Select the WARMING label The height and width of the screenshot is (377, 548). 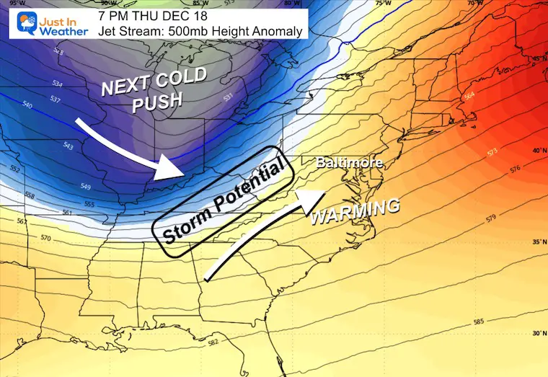click(x=354, y=210)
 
